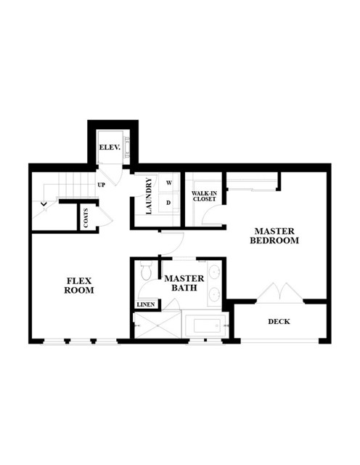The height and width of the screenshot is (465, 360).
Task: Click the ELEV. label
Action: click(110, 147)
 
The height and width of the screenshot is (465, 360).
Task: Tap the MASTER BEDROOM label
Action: click(274, 235)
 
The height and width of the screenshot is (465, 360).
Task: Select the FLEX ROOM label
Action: click(79, 286)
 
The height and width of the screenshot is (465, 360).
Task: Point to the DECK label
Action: click(279, 321)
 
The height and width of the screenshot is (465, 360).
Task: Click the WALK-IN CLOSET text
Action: click(205, 196)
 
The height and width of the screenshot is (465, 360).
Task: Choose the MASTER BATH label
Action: click(184, 283)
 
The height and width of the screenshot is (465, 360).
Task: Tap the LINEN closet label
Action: click(146, 304)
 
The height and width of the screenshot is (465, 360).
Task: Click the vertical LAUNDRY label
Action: click(149, 196)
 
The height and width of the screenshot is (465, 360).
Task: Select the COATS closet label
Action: click(86, 218)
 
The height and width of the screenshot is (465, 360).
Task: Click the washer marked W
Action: click(169, 182)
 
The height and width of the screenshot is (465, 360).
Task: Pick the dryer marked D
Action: click(169, 203)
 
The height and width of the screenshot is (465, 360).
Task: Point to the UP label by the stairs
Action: click(102, 185)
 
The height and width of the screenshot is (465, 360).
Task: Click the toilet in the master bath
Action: click(146, 270)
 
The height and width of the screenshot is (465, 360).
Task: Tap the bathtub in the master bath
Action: click(205, 326)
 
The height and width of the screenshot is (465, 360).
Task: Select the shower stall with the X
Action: click(157, 325)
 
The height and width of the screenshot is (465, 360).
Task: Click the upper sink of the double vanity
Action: click(214, 272)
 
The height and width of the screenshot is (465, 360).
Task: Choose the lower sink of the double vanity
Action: click(214, 294)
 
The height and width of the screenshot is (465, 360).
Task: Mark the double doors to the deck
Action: click(280, 293)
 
